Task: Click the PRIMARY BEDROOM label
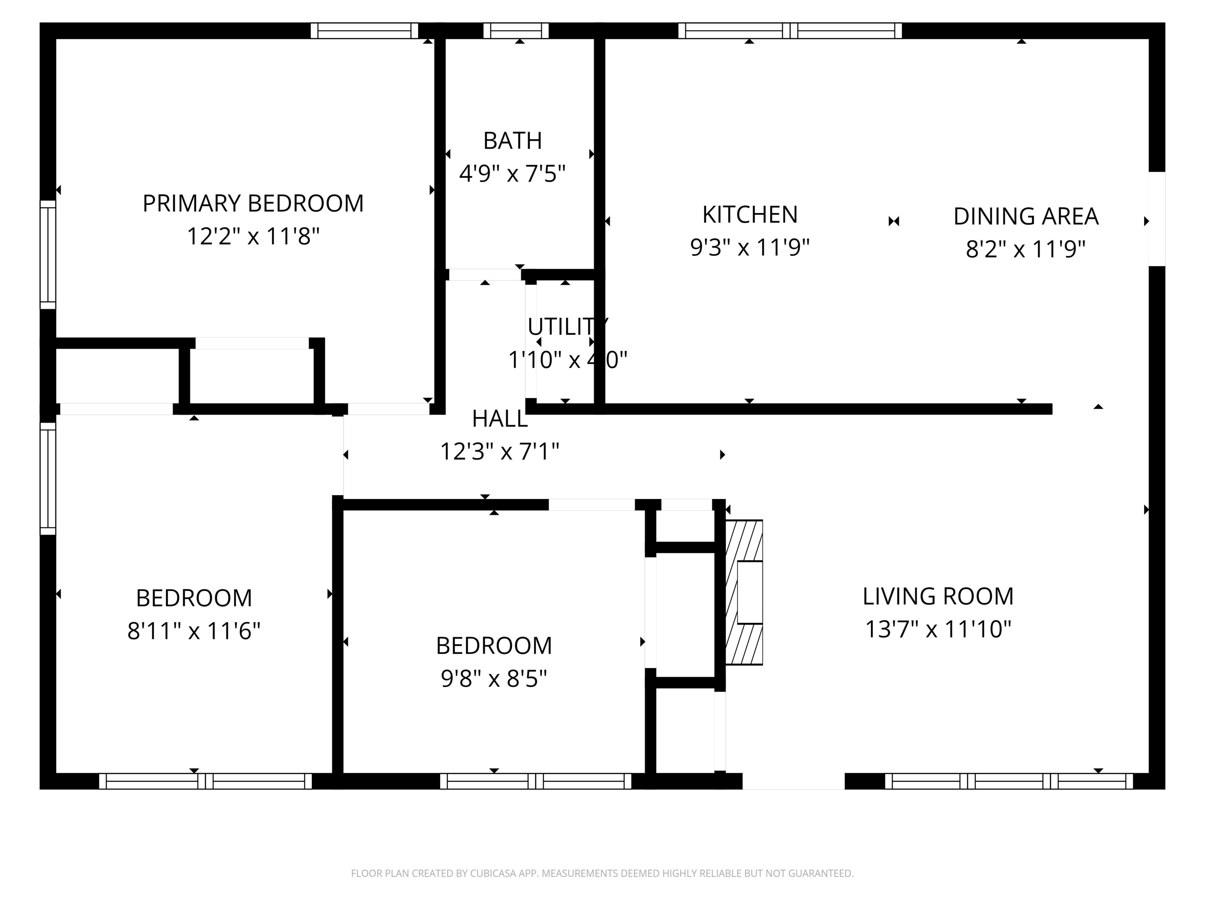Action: (253, 203)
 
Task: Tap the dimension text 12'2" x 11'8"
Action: (253, 237)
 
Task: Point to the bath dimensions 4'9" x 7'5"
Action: (512, 174)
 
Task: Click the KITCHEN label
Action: (750, 215)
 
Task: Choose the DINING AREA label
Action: (1025, 216)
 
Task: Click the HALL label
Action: (499, 419)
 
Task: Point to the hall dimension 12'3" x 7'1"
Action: (499, 452)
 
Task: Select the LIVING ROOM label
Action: (937, 596)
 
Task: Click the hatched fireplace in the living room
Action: (744, 592)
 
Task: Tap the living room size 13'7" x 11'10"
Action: (937, 629)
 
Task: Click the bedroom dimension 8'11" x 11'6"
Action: (193, 631)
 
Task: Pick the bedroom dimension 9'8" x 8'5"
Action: (493, 679)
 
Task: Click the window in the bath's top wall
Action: (515, 31)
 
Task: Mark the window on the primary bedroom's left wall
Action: (48, 255)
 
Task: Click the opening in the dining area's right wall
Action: (1156, 219)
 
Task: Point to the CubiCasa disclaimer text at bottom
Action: (602, 873)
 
